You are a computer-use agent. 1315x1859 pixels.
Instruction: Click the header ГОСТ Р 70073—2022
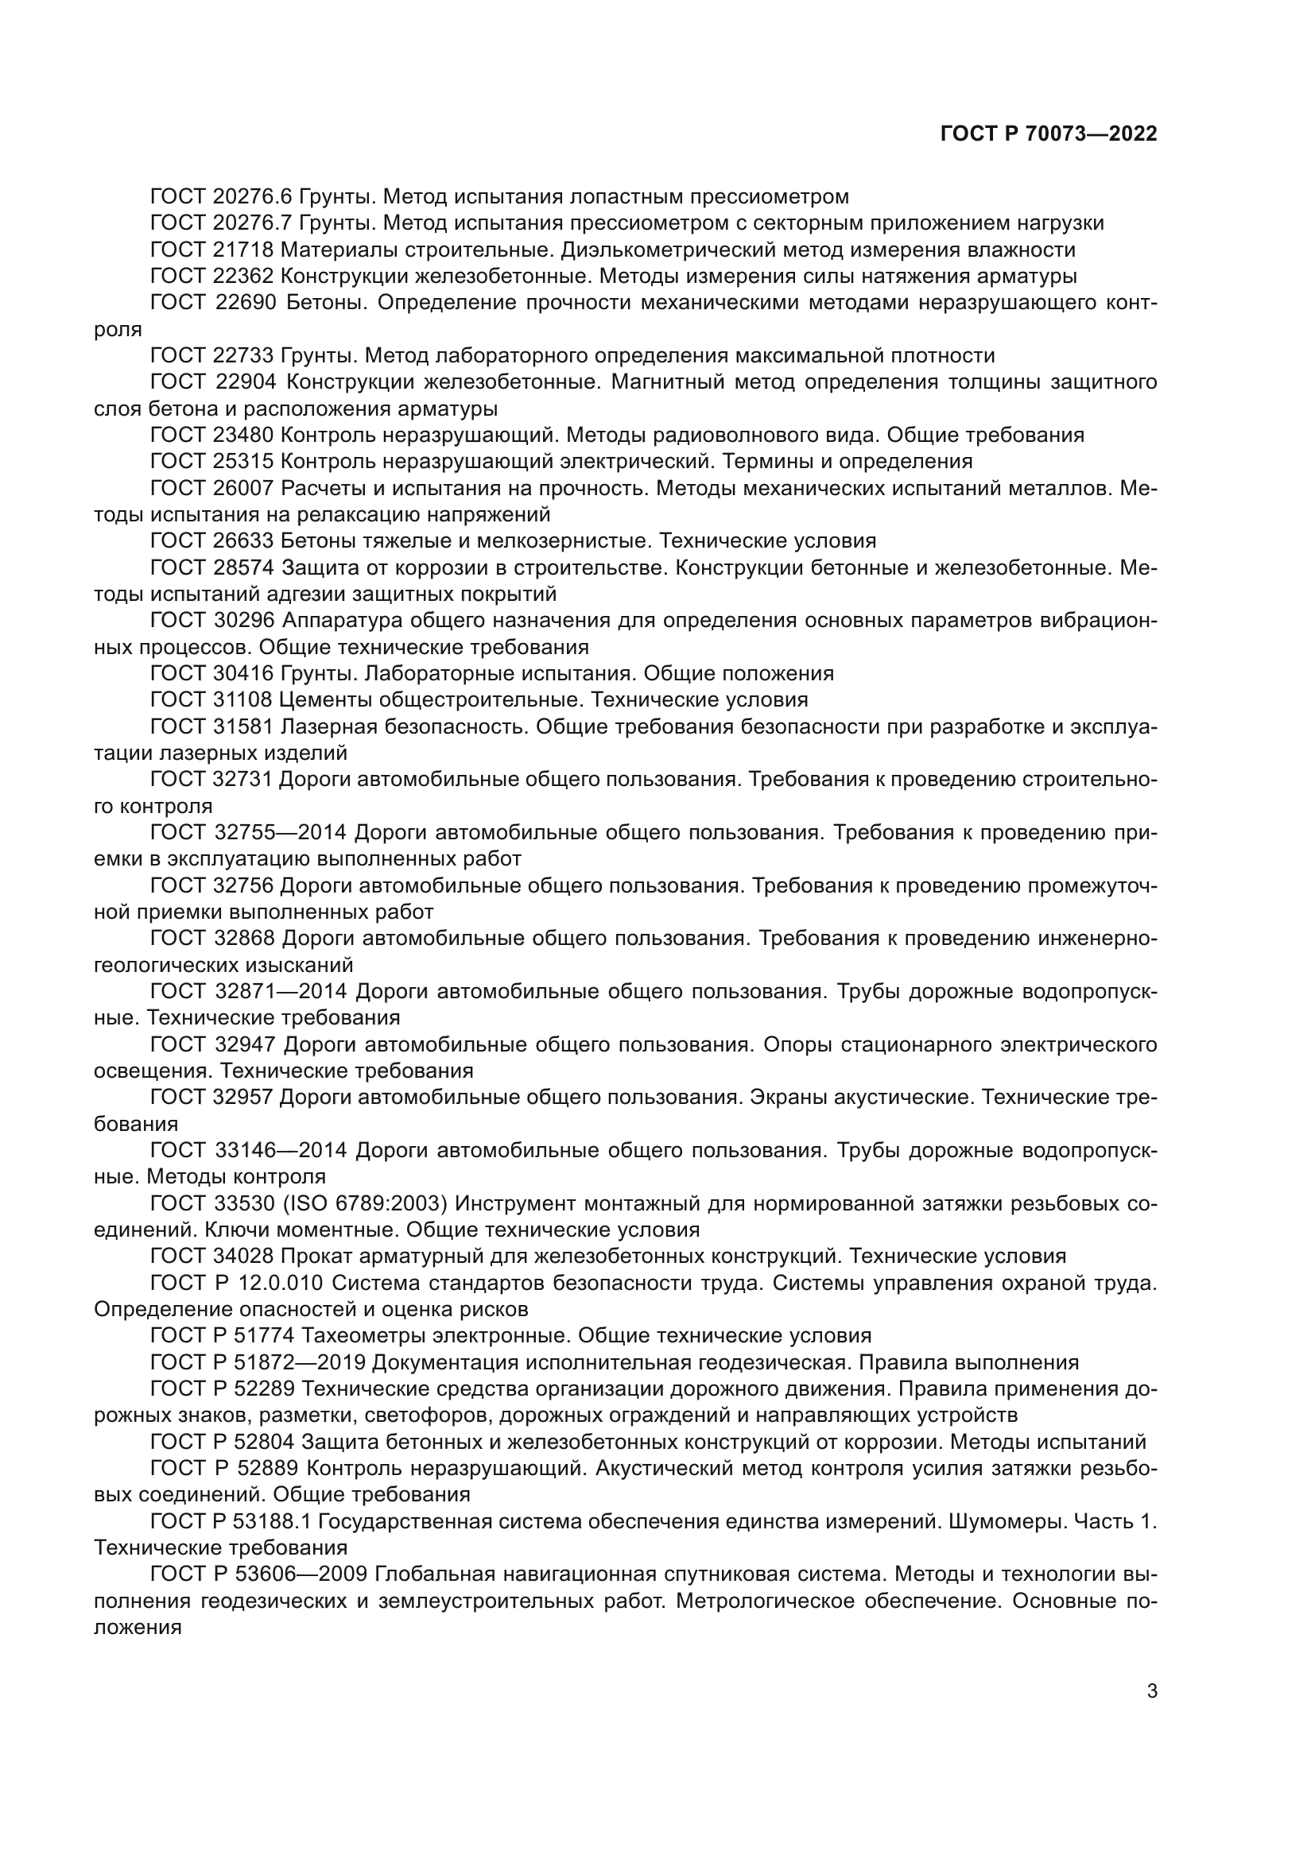click(x=1049, y=134)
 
